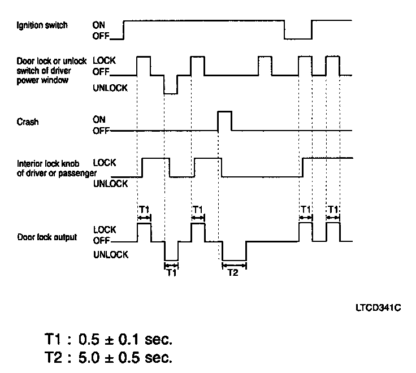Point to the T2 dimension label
coord(233,272)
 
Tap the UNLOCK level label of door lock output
coord(110,255)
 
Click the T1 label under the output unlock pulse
coord(171,272)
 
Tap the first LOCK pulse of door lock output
coord(144,232)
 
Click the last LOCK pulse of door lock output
coord(333,232)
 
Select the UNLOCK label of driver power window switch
coord(110,88)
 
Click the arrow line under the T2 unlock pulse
coord(234,263)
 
